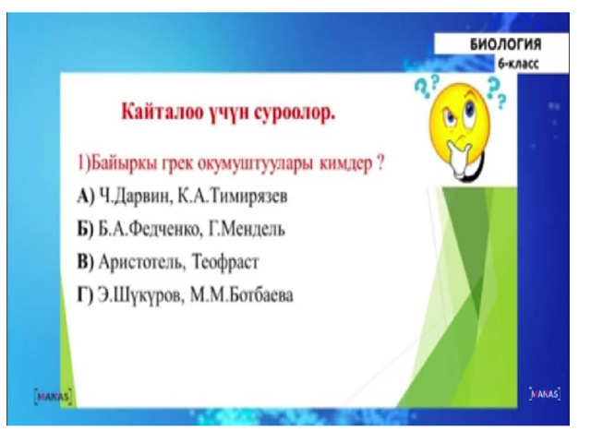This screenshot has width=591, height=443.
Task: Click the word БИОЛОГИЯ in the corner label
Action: tap(505, 44)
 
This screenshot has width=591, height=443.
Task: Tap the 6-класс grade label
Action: tap(518, 64)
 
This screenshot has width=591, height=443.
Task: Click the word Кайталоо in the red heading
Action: tap(163, 112)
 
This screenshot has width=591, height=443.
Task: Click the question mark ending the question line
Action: tap(380, 163)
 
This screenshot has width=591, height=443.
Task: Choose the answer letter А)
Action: tap(86, 197)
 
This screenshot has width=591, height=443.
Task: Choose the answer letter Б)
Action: tap(86, 230)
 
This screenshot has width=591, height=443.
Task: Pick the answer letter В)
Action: tap(86, 262)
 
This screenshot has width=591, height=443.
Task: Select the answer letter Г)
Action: tap(85, 295)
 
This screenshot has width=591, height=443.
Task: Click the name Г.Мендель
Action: tap(247, 229)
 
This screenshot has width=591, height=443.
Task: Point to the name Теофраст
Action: tap(225, 262)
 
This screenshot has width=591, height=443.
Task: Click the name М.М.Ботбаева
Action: tap(241, 295)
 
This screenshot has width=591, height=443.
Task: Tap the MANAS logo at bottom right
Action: tap(545, 394)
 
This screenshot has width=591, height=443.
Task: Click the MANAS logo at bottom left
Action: tap(53, 397)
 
